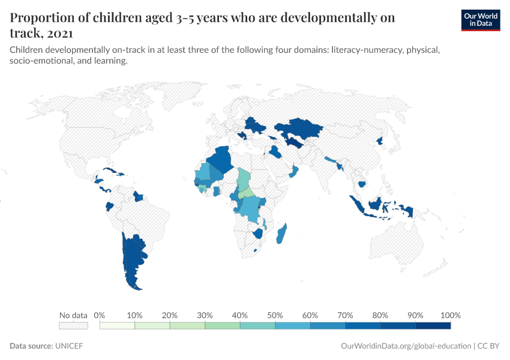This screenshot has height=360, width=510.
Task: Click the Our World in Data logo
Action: (481, 19)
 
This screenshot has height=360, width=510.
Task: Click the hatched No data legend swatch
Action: (73, 326)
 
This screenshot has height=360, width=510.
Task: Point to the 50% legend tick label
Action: (275, 316)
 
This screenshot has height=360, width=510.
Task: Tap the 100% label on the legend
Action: (450, 316)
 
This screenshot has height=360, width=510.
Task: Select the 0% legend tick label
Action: (100, 316)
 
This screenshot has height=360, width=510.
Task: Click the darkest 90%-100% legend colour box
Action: (433, 326)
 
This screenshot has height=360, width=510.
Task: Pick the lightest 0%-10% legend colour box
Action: (118, 326)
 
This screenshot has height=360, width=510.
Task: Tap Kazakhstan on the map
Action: (297, 128)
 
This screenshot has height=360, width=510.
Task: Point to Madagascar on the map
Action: (281, 234)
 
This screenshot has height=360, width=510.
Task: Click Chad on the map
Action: (244, 178)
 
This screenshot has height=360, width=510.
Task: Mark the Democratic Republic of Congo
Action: (249, 207)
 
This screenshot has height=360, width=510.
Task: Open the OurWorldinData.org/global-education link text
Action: (406, 346)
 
